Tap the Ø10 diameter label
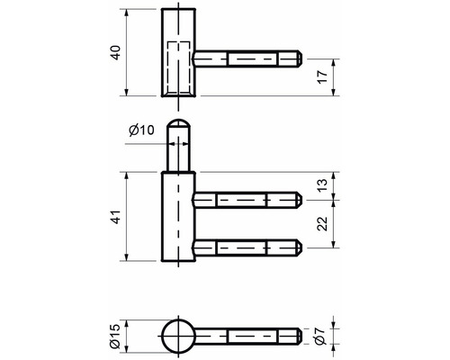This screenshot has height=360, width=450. click(141, 132)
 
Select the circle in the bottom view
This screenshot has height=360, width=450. click(178, 338)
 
